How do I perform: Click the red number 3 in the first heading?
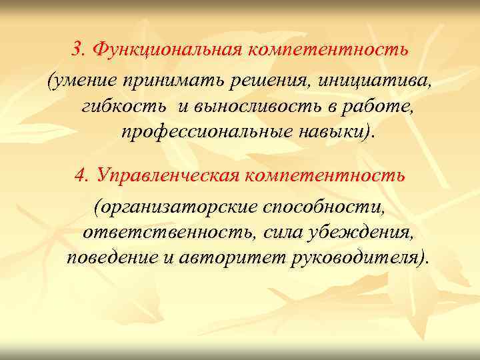pos(78,50)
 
